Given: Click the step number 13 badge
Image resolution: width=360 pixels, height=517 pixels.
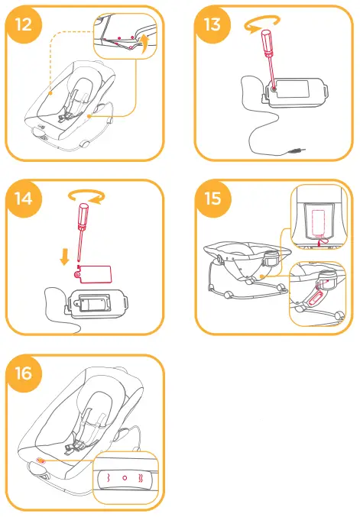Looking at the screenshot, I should click(212, 25).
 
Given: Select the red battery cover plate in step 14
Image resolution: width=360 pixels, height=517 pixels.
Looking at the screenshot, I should click(96, 273).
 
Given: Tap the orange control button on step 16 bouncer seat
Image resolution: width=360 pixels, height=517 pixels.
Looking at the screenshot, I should click(41, 461).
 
